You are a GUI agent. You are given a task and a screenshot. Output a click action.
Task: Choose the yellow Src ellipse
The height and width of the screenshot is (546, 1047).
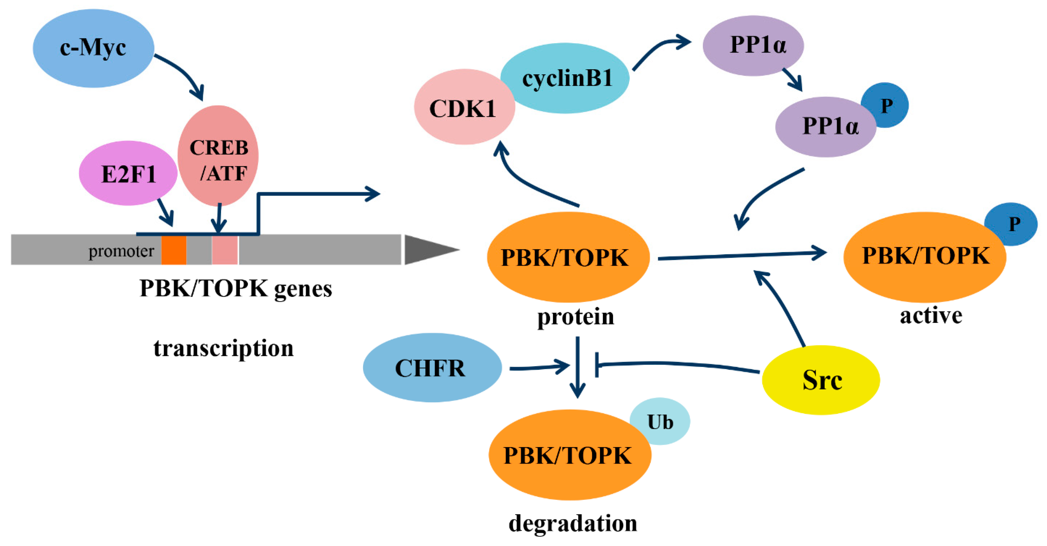821,380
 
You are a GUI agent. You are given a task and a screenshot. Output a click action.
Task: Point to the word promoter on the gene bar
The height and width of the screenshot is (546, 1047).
121,251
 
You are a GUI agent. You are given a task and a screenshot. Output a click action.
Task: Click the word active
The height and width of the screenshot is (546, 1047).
931,316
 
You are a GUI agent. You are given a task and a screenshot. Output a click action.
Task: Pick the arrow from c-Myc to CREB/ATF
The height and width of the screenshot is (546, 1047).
183,73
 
